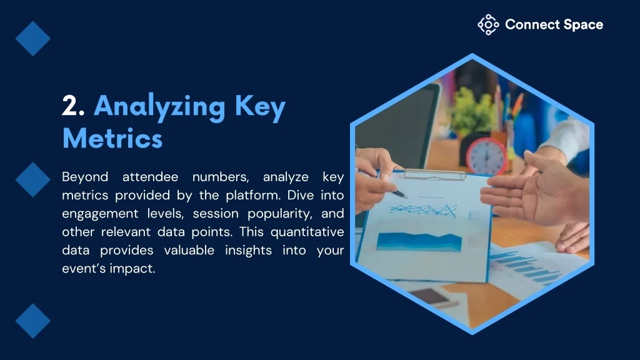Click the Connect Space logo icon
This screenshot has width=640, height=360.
click(488, 25)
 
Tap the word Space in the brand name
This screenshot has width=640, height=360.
click(583, 25)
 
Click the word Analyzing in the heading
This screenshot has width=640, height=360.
click(159, 107)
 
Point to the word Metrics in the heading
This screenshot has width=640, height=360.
click(112, 138)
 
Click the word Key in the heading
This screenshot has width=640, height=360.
click(260, 107)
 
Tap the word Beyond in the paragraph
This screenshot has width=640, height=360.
click(85, 177)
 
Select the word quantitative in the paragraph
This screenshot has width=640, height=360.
click(307, 232)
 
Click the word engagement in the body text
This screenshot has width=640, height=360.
click(100, 214)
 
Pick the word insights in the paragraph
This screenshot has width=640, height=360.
click(248, 250)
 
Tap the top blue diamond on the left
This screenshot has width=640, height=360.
click(33, 39)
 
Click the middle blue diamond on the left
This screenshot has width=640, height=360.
click(33, 179)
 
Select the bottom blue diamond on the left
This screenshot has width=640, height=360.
click(33, 321)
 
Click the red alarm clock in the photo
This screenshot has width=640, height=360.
click(486, 156)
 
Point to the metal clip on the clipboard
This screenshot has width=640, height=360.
click(435, 175)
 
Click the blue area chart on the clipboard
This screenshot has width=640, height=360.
click(419, 242)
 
